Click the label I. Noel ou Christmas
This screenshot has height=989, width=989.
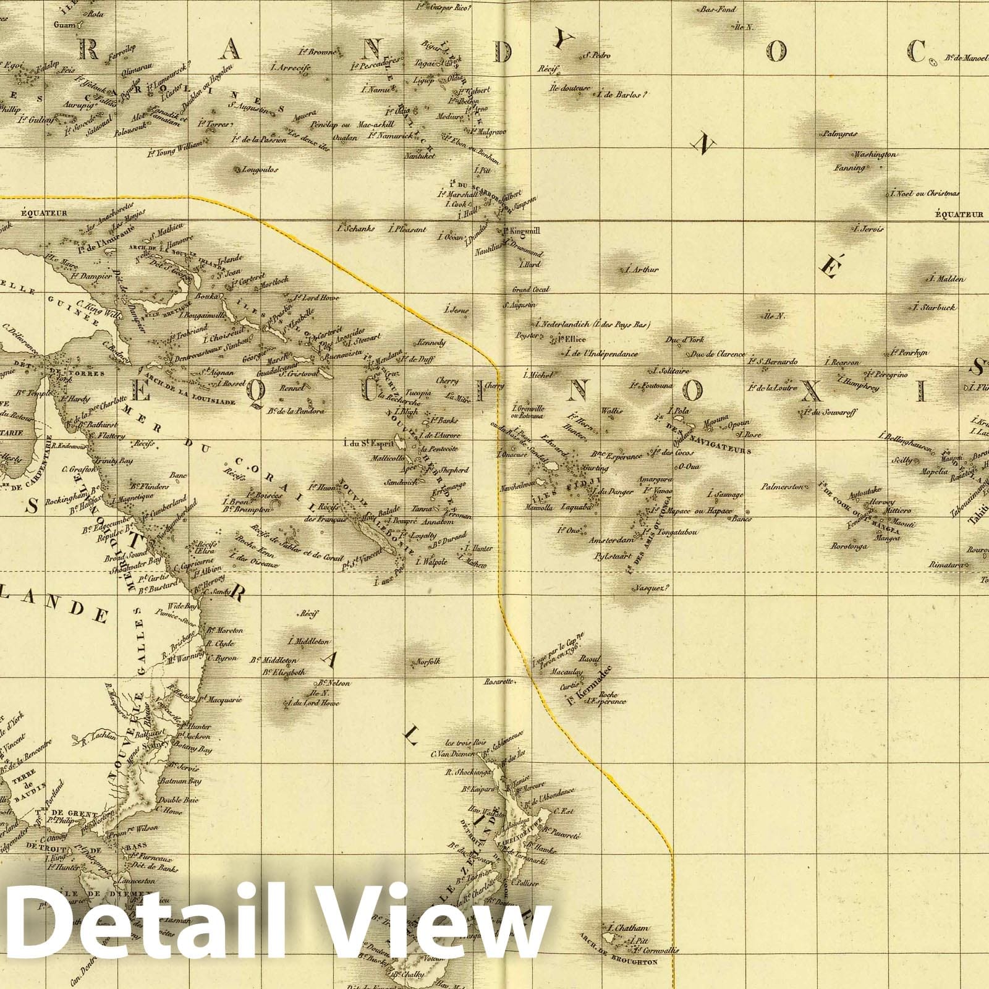pos(925,193)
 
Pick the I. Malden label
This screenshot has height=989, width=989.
pos(946,279)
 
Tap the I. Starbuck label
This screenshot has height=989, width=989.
pos(934,307)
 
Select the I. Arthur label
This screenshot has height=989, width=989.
pos(642,270)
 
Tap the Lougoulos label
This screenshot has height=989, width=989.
pos(260,169)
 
